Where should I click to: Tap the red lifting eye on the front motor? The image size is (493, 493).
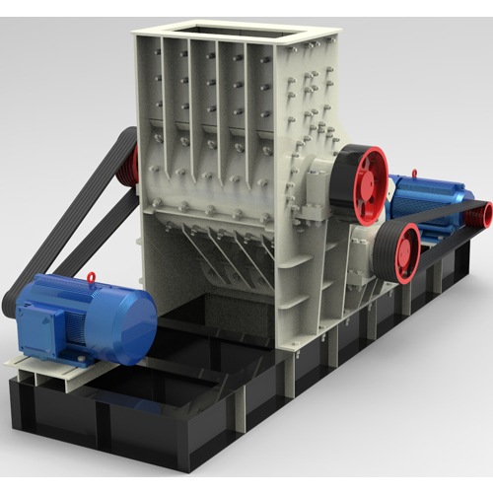(91, 277)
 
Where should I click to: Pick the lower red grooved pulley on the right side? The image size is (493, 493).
(404, 252)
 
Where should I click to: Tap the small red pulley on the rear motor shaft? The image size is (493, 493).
(483, 210)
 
